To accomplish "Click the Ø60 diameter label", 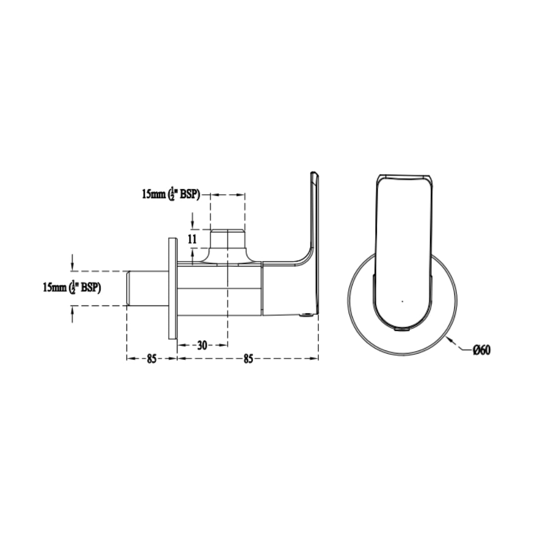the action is pos(482,350).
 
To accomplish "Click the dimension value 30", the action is pos(202,345).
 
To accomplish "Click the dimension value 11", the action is pos(192,239).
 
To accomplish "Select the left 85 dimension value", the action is pos(152,358).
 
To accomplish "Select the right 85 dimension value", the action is pos(248,358).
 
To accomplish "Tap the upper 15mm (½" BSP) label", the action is pos(171,195).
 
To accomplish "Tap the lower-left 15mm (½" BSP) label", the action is pos(72,288).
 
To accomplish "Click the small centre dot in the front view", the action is pos(402,302).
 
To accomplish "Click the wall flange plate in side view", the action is pos(173,288).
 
